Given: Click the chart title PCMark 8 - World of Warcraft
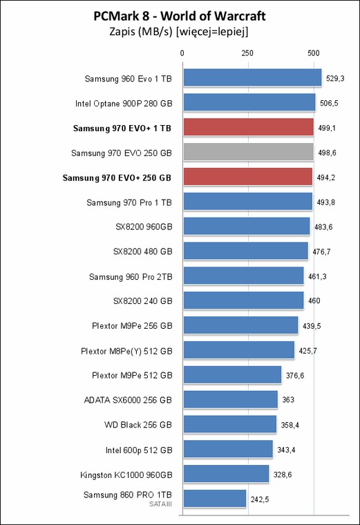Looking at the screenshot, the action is (x=180, y=16).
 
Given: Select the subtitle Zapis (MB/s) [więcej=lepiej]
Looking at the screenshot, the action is (x=179, y=32).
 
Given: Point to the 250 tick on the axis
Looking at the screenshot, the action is (x=247, y=53).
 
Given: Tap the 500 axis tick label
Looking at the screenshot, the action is (x=314, y=53).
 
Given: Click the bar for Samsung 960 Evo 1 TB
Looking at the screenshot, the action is (x=252, y=77).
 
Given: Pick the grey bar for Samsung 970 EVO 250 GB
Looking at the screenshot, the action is (x=249, y=152).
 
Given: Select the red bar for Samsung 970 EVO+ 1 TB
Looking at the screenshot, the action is (x=249, y=127).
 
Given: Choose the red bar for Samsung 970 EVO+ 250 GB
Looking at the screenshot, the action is (x=248, y=177).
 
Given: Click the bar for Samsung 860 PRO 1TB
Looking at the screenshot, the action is (x=215, y=499).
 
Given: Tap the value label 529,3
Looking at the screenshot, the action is (x=335, y=79).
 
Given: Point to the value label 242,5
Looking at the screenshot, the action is (x=260, y=499).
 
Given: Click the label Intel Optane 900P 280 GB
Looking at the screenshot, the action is (x=124, y=104).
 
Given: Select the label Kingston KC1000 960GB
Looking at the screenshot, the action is (x=126, y=475).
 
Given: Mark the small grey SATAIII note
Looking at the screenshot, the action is (x=161, y=504).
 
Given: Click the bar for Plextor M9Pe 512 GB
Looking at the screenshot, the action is (x=232, y=374).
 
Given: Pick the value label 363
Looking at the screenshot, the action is (x=288, y=400).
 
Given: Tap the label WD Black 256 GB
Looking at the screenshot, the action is (x=138, y=425).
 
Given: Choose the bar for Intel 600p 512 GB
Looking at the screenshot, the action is (x=228, y=449).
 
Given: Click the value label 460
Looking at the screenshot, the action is (x=314, y=300).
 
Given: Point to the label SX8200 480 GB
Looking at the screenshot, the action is (x=142, y=251).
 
